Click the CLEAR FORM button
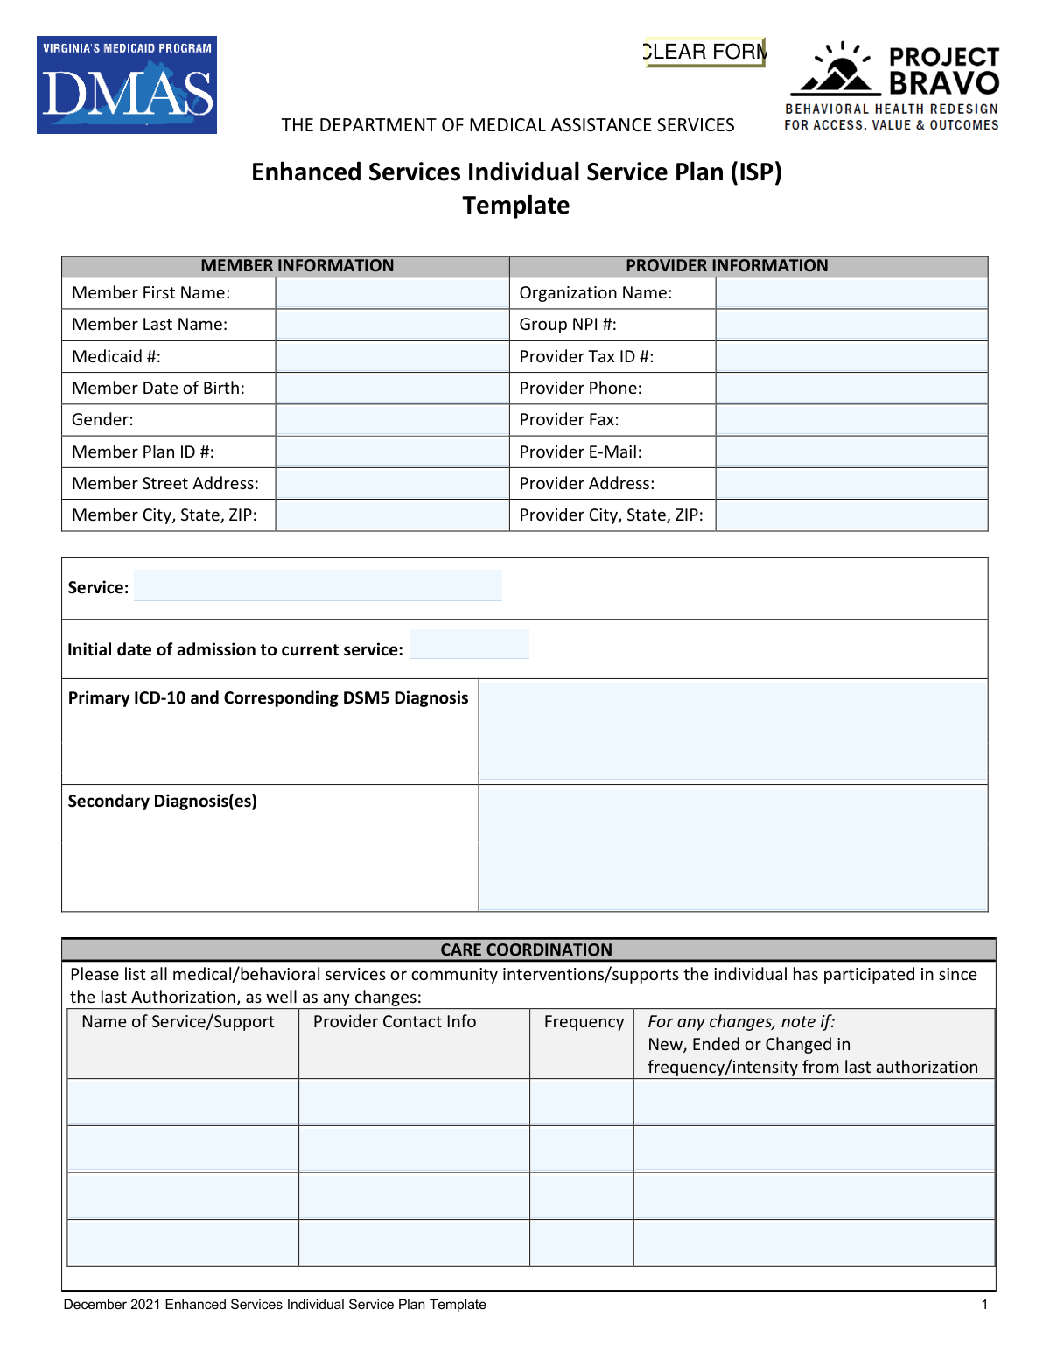point(704,52)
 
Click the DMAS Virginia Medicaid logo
point(127,85)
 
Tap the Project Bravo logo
point(892,87)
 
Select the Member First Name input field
point(392,293)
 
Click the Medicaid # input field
point(392,357)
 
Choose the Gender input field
point(392,420)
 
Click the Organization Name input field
point(851,293)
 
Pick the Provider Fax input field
point(851,420)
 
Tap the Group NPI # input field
point(851,325)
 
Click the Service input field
point(318,585)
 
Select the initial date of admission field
point(470,644)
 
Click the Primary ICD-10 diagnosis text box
point(733,731)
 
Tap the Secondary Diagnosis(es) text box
point(733,848)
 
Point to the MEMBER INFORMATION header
point(297,266)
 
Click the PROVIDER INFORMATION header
point(726,266)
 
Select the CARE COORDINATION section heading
point(526,950)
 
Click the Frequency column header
point(584,1022)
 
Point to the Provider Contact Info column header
point(395,1022)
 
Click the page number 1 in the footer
point(984,1305)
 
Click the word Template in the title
point(516,206)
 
